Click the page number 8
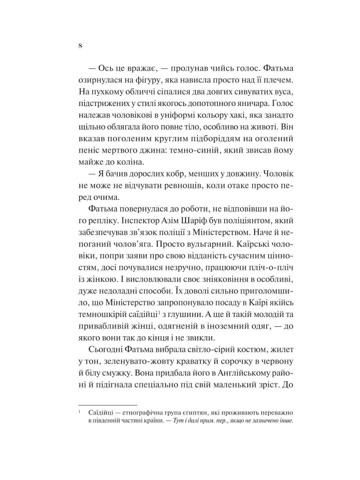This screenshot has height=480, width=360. pos(80,46)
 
